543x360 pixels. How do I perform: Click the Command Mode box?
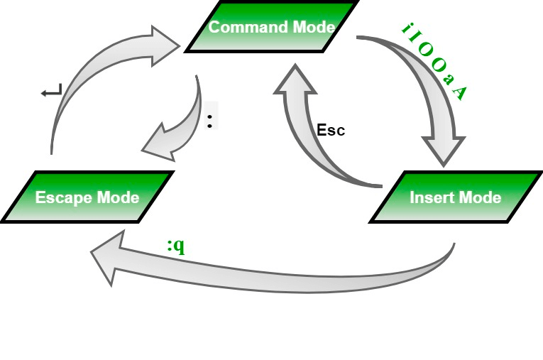click(270, 28)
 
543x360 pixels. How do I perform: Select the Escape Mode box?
click(87, 197)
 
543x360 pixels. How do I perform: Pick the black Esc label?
click(331, 131)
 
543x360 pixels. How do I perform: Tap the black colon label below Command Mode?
click(209, 119)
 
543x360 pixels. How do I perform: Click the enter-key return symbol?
click(52, 91)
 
